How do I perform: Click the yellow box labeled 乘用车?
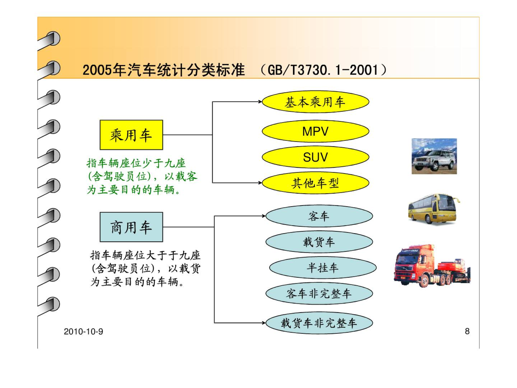click(x=131, y=135)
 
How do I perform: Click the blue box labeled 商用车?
click(x=131, y=227)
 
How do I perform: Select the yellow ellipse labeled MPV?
click(x=315, y=131)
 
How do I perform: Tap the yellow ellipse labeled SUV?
click(x=315, y=157)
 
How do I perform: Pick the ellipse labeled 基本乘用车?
click(x=315, y=102)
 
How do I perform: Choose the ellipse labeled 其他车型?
click(x=315, y=183)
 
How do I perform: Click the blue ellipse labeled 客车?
click(x=319, y=216)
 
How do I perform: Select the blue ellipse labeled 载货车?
click(x=319, y=242)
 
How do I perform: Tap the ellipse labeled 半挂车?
click(x=323, y=268)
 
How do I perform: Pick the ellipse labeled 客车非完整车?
click(x=319, y=293)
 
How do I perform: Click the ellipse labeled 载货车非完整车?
click(x=319, y=323)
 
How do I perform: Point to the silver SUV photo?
click(x=434, y=156)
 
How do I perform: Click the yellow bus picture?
click(x=434, y=209)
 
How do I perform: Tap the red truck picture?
click(x=432, y=266)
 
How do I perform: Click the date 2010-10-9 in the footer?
click(x=83, y=331)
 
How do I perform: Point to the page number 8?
click(x=467, y=331)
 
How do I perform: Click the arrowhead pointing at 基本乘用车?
click(x=260, y=102)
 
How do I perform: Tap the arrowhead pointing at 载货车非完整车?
click(x=264, y=323)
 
